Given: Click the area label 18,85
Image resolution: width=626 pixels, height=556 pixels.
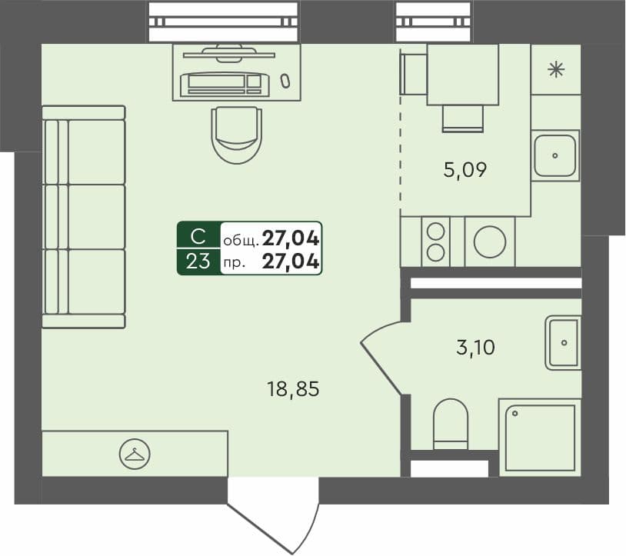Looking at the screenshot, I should tap(292, 390).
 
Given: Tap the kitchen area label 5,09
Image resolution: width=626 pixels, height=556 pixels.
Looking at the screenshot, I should tap(465, 169).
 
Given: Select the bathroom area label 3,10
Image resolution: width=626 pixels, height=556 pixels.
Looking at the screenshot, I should tap(475, 348).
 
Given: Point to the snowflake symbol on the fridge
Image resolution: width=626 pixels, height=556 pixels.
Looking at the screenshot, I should tap(555, 70).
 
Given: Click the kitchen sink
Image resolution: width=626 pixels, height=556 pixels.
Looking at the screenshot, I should tap(554, 155).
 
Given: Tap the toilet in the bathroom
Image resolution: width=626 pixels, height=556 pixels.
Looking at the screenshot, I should tap(451, 423).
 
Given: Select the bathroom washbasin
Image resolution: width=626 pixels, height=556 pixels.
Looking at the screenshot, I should tap(563, 342).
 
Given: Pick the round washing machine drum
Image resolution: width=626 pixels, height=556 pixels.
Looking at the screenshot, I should tap(489, 242).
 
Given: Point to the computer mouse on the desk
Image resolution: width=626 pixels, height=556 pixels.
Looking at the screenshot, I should tap(285, 79).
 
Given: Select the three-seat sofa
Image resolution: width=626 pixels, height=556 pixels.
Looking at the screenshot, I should tap(83, 217).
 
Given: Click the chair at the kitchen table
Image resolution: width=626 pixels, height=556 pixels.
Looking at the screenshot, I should tap(462, 118).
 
